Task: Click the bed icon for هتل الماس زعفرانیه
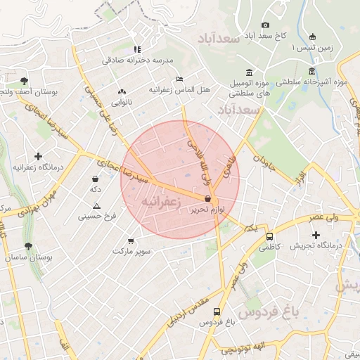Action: [180, 79]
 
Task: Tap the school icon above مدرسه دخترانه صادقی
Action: [137, 49]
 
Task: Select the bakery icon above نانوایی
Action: [122, 91]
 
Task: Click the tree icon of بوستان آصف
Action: [25, 81]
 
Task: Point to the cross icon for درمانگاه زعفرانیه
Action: [38, 155]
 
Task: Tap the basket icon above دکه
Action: [94, 179]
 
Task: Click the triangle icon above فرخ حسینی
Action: [97, 206]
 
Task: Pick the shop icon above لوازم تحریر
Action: [206, 199]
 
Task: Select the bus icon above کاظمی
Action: [270, 236]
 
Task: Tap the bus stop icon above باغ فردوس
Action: [217, 311]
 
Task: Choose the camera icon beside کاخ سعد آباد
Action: [265, 25]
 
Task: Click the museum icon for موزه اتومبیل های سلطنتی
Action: [249, 72]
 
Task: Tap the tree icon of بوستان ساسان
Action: [28, 247]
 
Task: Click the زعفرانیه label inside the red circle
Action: [162, 202]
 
